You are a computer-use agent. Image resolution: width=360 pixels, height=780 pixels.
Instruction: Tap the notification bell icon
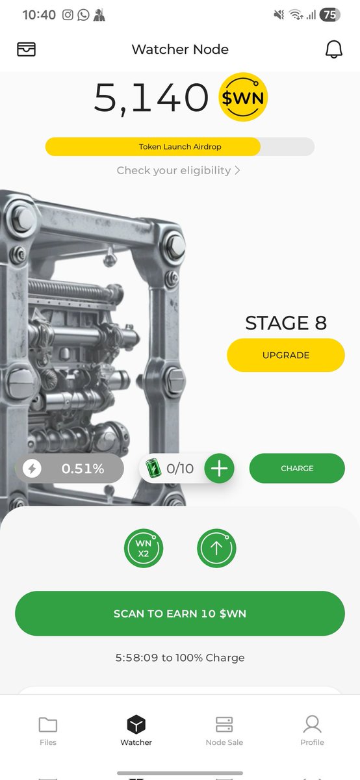click(333, 49)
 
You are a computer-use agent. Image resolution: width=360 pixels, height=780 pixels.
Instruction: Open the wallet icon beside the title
click(26, 49)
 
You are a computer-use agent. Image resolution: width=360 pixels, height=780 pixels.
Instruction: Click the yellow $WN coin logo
click(242, 97)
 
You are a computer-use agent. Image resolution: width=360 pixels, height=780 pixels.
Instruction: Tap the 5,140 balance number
click(151, 98)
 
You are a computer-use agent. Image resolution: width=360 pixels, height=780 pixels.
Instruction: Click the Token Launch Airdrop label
click(179, 147)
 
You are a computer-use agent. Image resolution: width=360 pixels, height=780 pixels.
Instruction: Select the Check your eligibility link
click(178, 170)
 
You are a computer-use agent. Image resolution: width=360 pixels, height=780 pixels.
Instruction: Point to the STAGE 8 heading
click(286, 323)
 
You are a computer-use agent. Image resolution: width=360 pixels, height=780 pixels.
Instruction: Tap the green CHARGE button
click(297, 468)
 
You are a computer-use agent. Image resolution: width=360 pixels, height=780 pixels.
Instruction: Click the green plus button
click(219, 469)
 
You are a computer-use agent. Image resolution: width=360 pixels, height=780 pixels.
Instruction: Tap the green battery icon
click(153, 467)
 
